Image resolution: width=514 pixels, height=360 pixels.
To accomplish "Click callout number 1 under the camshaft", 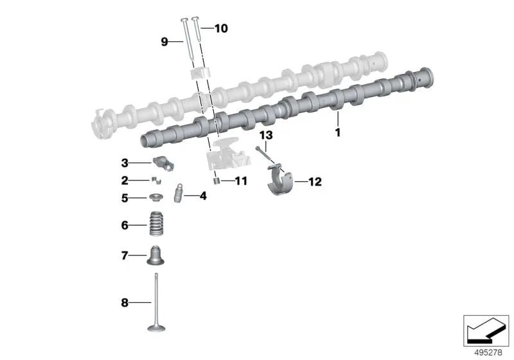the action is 338,132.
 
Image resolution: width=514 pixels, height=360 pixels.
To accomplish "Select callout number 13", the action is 266,135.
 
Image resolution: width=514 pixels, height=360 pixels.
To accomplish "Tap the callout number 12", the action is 315,182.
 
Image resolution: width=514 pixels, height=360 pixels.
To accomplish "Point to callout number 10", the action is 221,28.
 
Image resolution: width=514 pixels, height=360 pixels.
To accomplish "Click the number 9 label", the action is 164,42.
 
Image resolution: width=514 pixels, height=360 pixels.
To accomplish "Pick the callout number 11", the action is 242,181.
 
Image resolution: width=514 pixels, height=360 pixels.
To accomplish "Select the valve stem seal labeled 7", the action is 155,255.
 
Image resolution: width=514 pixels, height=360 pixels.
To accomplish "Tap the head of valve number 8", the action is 156,328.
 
